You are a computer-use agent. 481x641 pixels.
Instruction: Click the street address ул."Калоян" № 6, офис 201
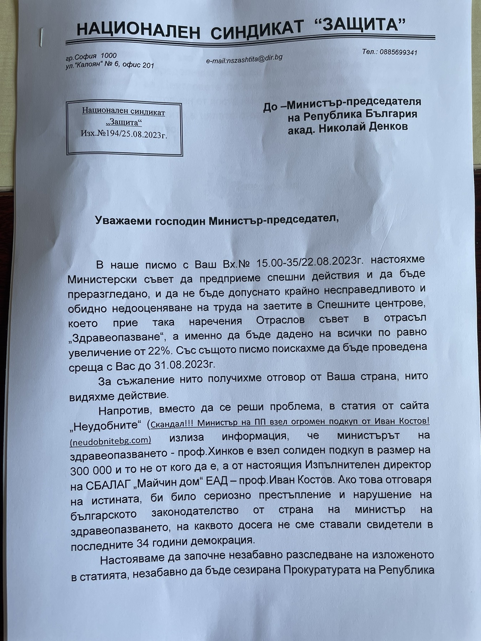pyautogui.click(x=110, y=65)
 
